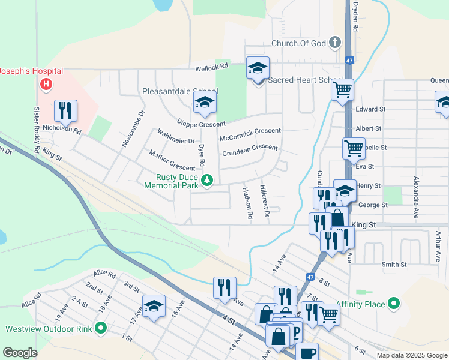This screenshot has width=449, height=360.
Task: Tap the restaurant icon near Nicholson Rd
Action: pyautogui.click(x=65, y=110)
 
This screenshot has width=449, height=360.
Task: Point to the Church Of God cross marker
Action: pyautogui.click(x=334, y=43)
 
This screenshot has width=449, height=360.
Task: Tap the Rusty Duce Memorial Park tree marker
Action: pyautogui.click(x=207, y=180)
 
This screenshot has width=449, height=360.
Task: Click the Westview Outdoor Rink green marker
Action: pyautogui.click(x=101, y=329)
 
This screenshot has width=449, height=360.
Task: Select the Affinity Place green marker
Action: pyautogui.click(x=394, y=304)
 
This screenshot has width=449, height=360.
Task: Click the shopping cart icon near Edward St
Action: pyautogui.click(x=342, y=90)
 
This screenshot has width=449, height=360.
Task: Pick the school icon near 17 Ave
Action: pyautogui.click(x=154, y=307)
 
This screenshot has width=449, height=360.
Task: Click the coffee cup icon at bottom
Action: pyautogui.click(x=307, y=353)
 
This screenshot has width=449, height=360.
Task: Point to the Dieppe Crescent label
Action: pyautogui.click(x=200, y=124)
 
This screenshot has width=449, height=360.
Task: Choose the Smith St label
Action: pyautogui.click(x=394, y=264)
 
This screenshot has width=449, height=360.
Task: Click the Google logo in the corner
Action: pyautogui.click(x=20, y=352)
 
